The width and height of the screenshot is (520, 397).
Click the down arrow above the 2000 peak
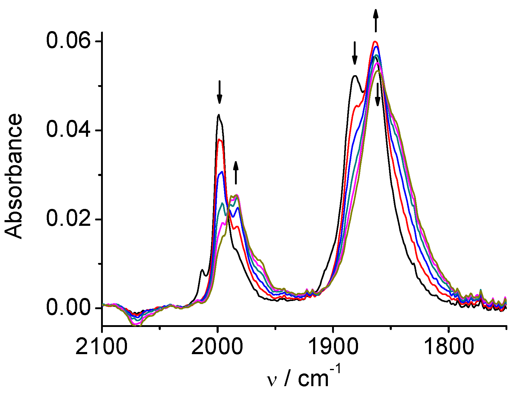pos(220,92)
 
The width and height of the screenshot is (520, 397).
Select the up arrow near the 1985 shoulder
pos(236,173)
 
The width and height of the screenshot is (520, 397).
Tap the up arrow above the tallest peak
pos(376,20)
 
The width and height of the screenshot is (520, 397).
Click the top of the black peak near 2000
pos(219,115)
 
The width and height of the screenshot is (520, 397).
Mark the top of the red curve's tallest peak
pos(375,42)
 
